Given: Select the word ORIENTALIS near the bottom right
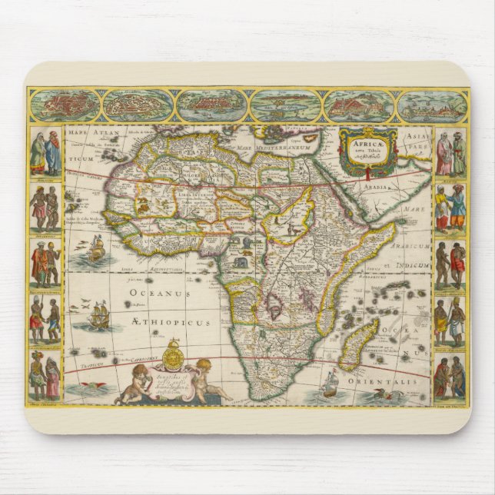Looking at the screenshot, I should tap(392, 378).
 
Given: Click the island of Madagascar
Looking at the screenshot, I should tap(360, 344).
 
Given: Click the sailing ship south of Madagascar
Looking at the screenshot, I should tap(331, 383).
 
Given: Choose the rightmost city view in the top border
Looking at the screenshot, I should tap(432, 105).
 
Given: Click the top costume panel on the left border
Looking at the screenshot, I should tap(45, 151).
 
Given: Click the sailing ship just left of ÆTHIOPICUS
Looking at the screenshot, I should tap(100, 315).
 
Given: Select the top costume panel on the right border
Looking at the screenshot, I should tap(450, 152).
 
